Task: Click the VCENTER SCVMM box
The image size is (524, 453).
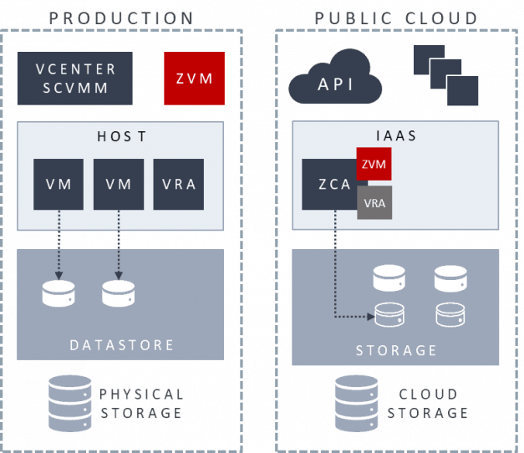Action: [74, 79]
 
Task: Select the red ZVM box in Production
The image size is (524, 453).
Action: [195, 79]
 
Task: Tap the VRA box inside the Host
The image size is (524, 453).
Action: [179, 184]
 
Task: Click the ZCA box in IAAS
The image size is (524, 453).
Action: [328, 185]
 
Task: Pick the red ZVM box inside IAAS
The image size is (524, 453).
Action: [374, 164]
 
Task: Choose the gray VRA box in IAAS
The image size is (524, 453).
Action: [374, 202]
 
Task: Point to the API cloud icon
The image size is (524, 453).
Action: [335, 81]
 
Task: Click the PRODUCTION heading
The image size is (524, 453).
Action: [121, 18]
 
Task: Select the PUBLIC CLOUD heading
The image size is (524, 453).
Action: [396, 18]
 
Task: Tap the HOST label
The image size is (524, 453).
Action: [121, 135]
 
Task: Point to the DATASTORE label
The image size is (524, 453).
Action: [121, 344]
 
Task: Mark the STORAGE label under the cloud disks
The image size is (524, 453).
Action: [396, 350]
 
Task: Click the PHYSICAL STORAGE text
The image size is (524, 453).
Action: [141, 403]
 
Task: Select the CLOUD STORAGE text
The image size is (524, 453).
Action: [427, 403]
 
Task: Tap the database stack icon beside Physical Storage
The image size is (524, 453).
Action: [69, 402]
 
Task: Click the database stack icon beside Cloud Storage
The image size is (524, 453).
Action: [356, 402]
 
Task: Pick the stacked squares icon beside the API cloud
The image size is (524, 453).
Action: [446, 75]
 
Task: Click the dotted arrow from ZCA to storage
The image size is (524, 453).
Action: [336, 276]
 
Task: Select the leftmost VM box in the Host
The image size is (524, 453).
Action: [59, 184]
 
